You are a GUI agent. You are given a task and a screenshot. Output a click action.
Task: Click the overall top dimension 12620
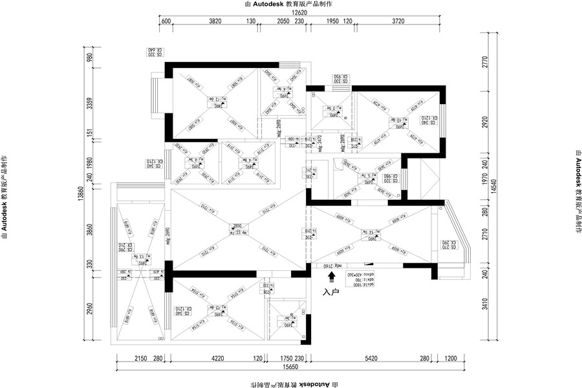[298, 12]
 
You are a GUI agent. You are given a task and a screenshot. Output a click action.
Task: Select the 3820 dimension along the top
[215, 21]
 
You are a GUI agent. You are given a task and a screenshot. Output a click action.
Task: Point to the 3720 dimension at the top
[398, 21]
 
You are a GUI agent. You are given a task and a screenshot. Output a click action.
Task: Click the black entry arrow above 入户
[332, 277]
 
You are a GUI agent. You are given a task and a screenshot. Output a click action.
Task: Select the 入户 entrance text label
[331, 292]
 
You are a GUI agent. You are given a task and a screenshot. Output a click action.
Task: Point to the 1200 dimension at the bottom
[451, 357]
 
